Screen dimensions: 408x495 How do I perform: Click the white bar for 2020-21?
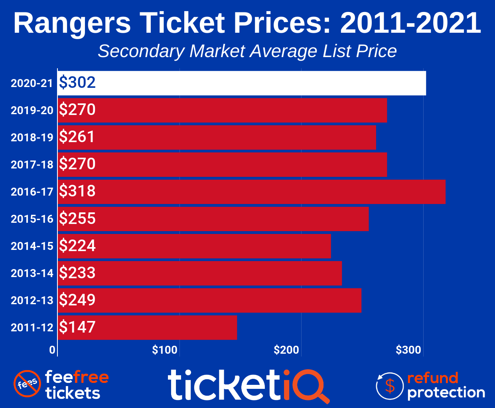pyautogui.click(x=242, y=83)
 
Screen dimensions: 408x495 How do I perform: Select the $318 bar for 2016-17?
pyautogui.click(x=251, y=192)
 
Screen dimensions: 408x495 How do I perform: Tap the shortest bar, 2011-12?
pyautogui.click(x=148, y=327)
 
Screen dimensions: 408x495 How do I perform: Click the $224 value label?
pyautogui.click(x=77, y=246)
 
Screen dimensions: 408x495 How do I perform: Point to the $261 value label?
pyautogui.click(x=77, y=137)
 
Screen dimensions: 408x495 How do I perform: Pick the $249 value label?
pyautogui.click(x=77, y=300)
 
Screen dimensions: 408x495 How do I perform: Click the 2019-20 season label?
pyautogui.click(x=32, y=110)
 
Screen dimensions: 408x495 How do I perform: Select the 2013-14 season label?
pyautogui.click(x=32, y=273)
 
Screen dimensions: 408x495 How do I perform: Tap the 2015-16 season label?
pyautogui.click(x=32, y=219)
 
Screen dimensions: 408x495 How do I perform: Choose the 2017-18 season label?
pyautogui.click(x=32, y=164)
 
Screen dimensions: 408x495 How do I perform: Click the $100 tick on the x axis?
pyautogui.click(x=165, y=350)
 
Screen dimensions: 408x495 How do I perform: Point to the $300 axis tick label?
pyautogui.click(x=408, y=350)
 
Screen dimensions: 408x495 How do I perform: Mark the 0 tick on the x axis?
pyautogui.click(x=52, y=350)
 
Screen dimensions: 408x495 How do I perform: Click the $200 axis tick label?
pyautogui.click(x=286, y=350)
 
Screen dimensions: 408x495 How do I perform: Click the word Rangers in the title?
pyautogui.click(x=72, y=23)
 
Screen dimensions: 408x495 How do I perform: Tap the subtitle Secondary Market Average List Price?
pyautogui.click(x=247, y=51)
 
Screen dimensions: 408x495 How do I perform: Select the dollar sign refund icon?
pyautogui.click(x=390, y=386)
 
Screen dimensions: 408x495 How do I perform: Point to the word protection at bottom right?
pyautogui.click(x=446, y=393)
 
